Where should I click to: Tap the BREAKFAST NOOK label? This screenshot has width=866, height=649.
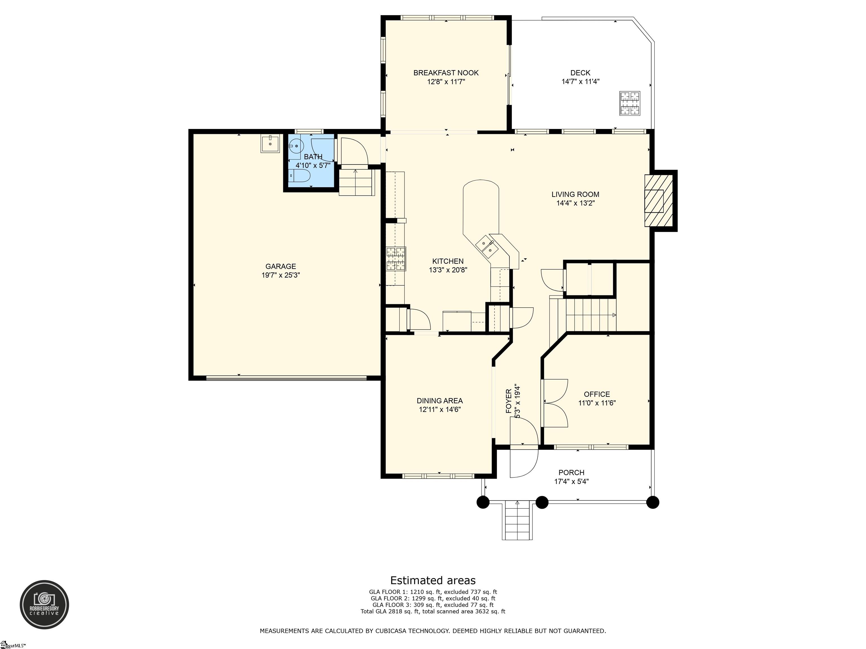coord(446,73)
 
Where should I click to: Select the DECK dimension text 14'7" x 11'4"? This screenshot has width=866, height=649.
coord(581,81)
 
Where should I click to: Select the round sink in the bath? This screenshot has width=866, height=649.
coord(296,146)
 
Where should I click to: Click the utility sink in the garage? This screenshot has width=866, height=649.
coord(270,144)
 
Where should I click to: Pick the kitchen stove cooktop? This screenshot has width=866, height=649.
coord(396,259)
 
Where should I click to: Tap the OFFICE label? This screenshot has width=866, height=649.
coord(597,394)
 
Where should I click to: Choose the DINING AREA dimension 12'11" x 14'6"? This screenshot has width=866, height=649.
coord(440,410)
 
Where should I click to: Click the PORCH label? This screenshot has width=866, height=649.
coord(572,473)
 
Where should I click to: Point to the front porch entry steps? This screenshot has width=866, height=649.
coord(517,521)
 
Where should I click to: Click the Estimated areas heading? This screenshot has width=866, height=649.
coord(433,580)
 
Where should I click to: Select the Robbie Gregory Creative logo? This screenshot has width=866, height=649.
coord(44,604)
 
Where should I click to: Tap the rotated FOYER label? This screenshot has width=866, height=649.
coord(509,401)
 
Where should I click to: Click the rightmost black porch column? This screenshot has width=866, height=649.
coord(653,502)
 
